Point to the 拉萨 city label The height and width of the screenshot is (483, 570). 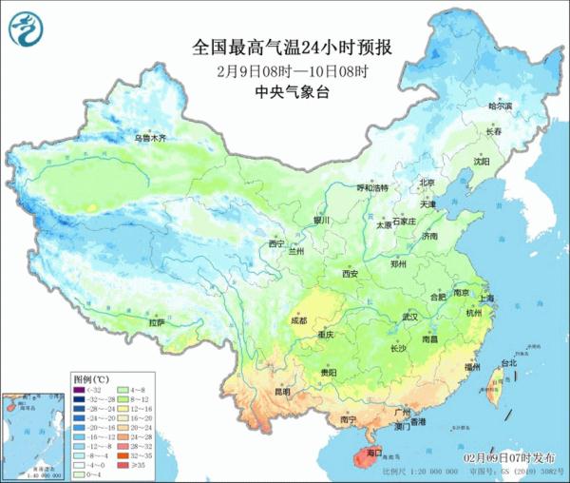tap(155, 323)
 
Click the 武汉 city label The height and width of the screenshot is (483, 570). tap(410, 316)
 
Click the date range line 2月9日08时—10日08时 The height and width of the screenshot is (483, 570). tap(285, 71)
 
